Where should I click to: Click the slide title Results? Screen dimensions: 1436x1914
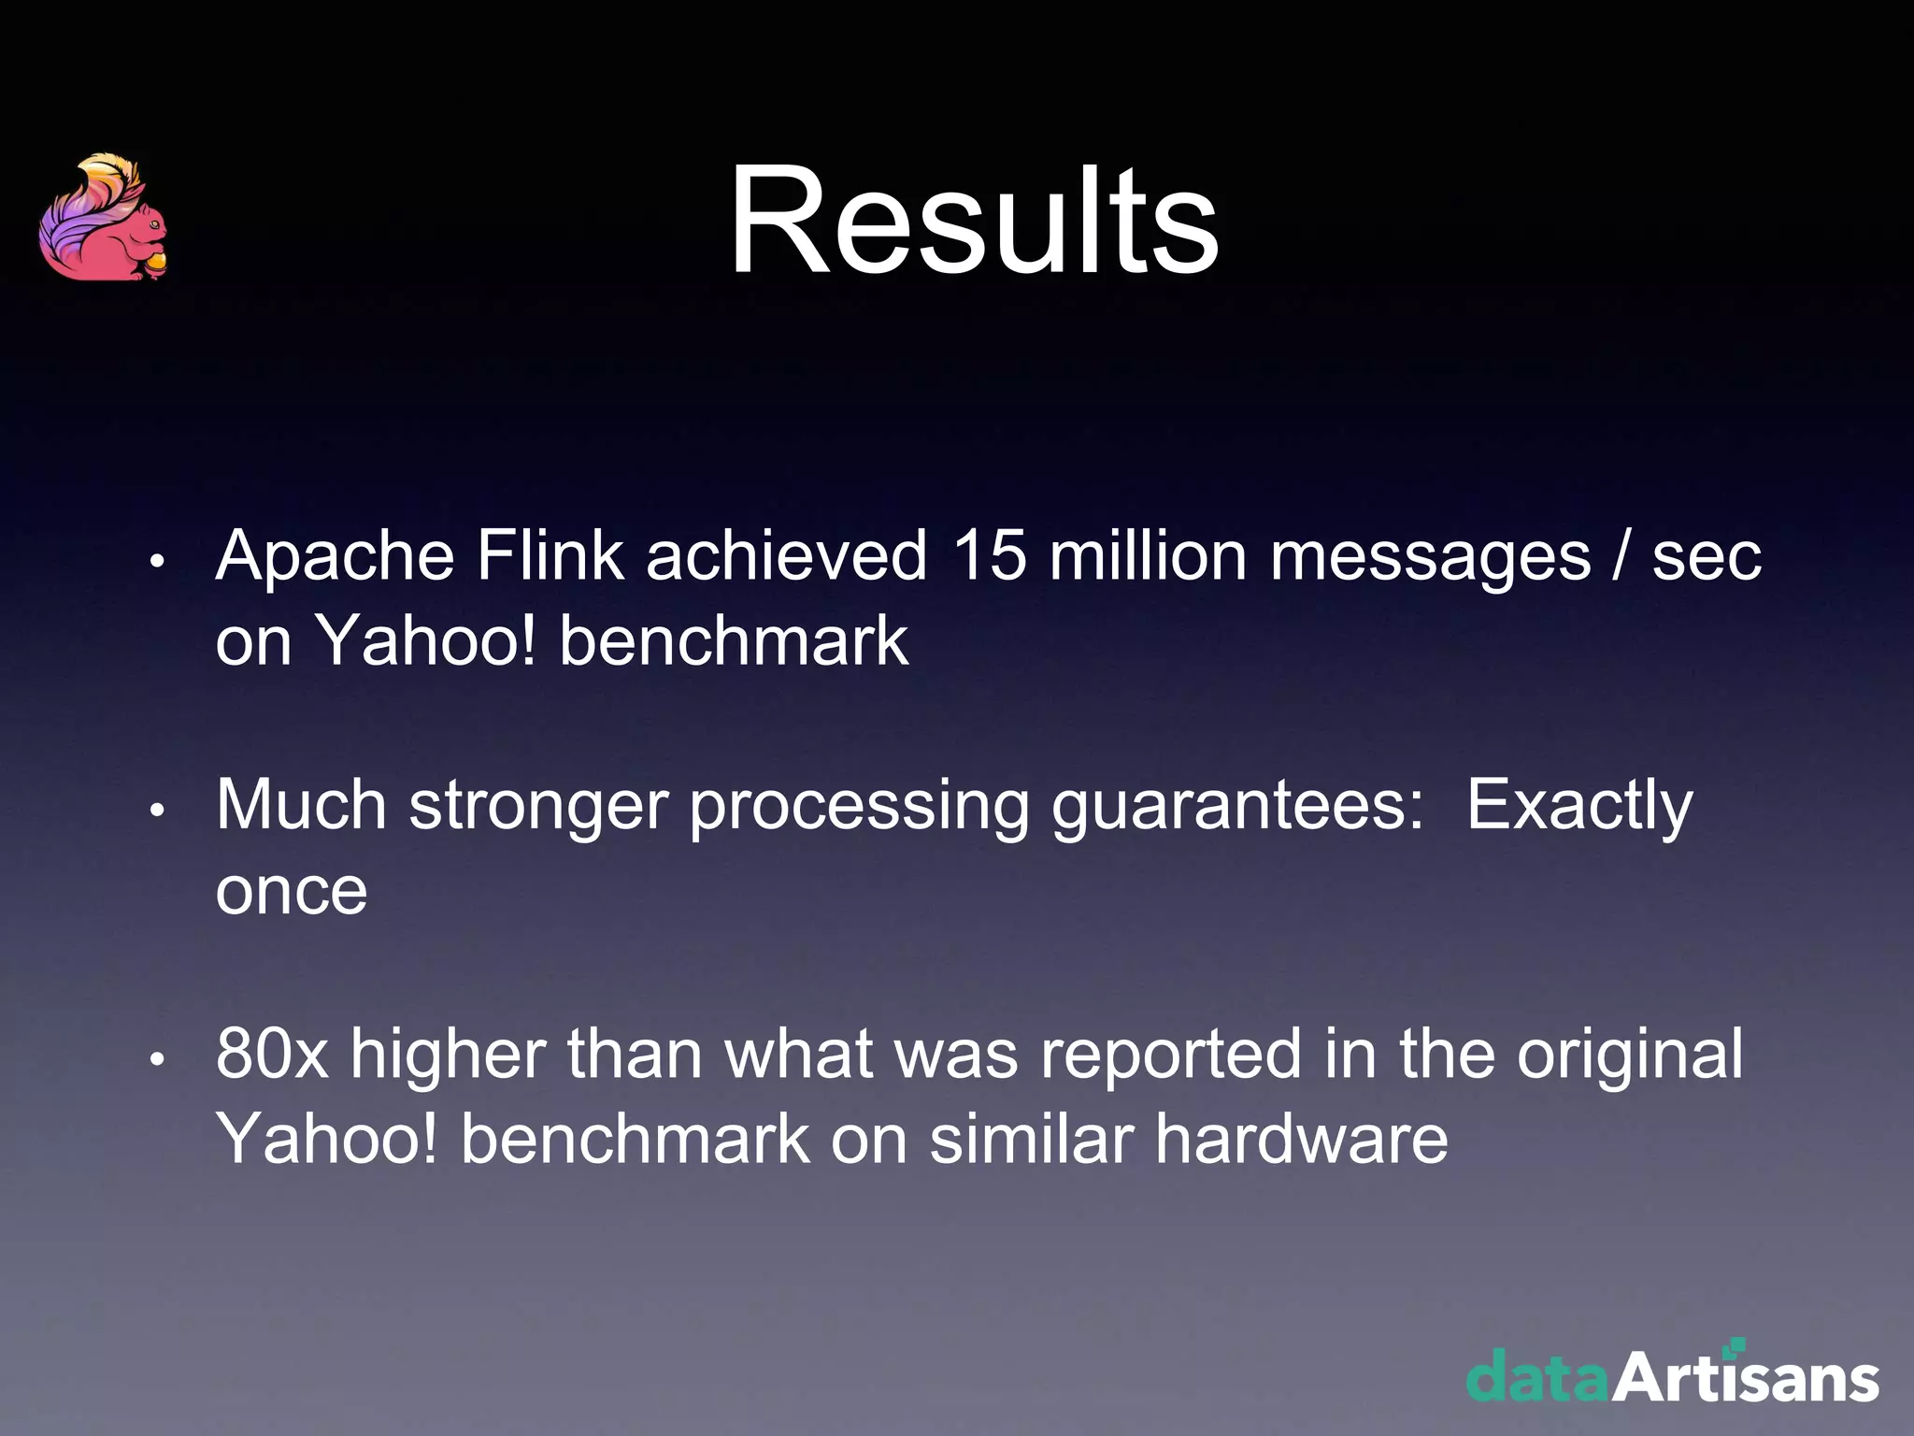tap(973, 221)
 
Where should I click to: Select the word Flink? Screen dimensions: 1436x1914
tap(550, 555)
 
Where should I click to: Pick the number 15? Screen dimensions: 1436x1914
tap(989, 555)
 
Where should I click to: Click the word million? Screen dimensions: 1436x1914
tap(1148, 555)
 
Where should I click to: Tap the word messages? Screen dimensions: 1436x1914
tap(1429, 557)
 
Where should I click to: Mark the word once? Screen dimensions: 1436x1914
tap(292, 892)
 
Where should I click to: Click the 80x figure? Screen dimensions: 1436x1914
tap(272, 1055)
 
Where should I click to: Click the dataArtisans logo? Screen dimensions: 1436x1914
tap(1672, 1373)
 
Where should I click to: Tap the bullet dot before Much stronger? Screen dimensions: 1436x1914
tap(157, 811)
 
